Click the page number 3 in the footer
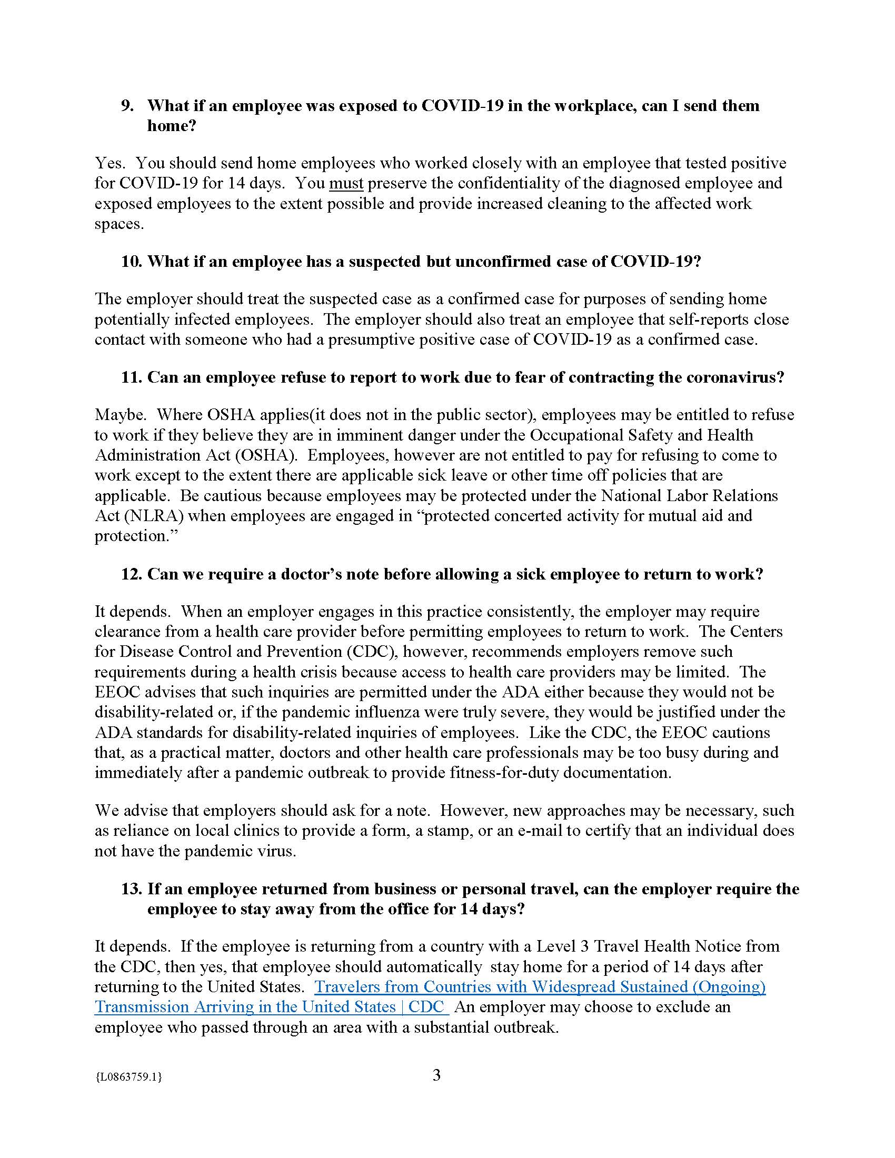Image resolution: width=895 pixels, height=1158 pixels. [436, 1075]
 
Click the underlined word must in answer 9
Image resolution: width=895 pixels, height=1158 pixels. [346, 184]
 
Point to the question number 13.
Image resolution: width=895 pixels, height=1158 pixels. [132, 889]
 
